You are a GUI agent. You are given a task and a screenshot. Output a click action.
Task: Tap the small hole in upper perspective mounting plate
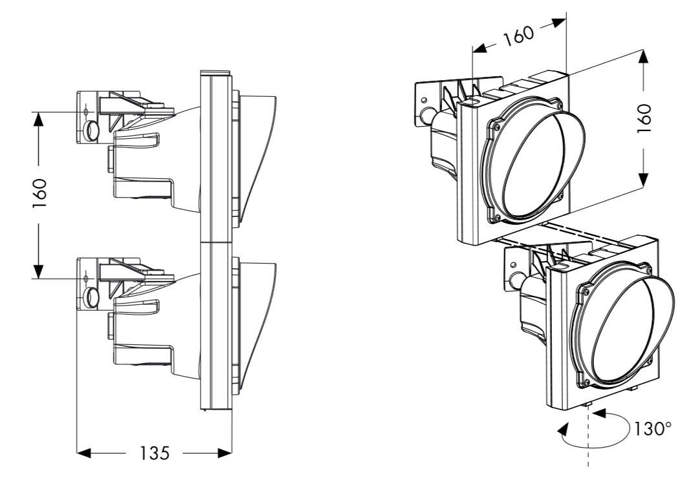click(x=423, y=101)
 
